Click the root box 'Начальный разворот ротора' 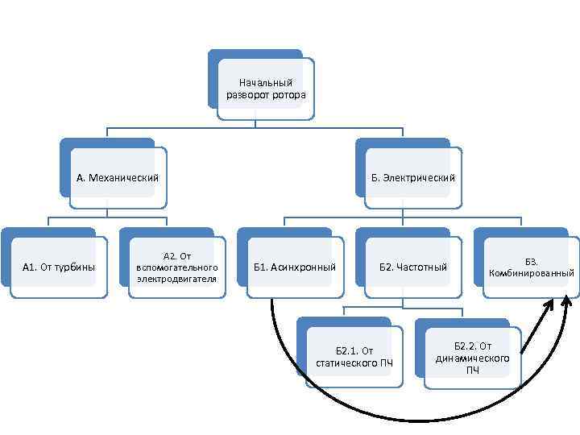266,89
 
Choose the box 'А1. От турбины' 59,267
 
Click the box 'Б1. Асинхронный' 295,267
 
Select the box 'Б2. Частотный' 413,267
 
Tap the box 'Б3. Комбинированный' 532,267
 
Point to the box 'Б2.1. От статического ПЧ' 354,356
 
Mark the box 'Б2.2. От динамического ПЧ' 472,357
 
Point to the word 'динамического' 472,358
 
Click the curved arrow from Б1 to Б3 403,420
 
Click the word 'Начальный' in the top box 266,83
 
